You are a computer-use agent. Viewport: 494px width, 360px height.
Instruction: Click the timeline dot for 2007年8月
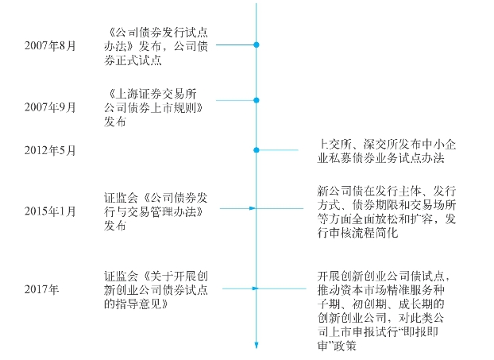click(257, 45)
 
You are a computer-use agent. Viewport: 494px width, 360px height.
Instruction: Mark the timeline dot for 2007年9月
click(257, 100)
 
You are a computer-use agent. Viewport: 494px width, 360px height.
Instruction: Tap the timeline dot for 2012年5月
click(257, 149)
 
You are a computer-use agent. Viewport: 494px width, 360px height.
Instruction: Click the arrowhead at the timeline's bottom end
click(257, 345)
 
